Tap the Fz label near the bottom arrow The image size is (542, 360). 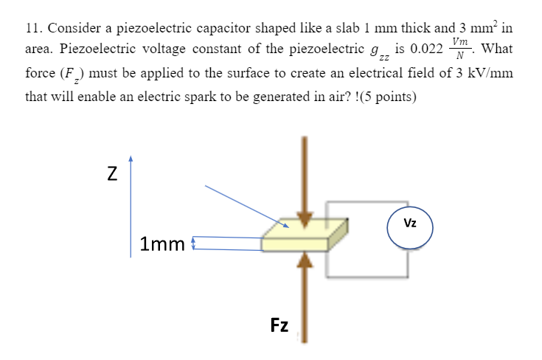(x=279, y=325)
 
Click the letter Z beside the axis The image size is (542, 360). (x=111, y=175)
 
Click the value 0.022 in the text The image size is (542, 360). (x=426, y=50)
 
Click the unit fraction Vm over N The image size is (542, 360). (x=461, y=49)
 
